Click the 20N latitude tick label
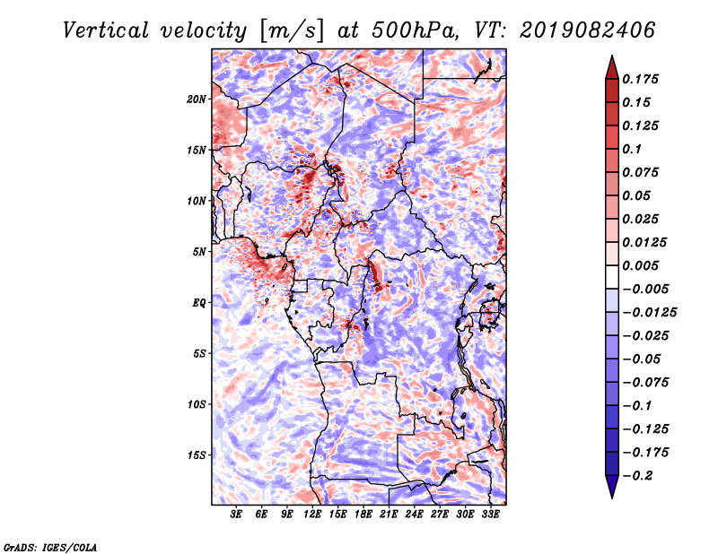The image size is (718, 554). click(197, 99)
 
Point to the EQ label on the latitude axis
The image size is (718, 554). click(198, 302)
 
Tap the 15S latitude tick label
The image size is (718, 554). click(197, 454)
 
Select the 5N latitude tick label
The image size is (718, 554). click(199, 251)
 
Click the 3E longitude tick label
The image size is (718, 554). click(237, 515)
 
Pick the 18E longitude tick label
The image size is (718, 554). click(363, 515)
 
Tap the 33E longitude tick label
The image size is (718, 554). click(491, 515)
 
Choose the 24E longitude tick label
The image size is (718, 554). click(415, 515)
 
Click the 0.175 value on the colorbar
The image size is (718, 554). click(643, 79)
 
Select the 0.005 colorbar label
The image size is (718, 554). click(643, 265)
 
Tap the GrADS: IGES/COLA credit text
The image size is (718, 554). click(50, 546)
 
